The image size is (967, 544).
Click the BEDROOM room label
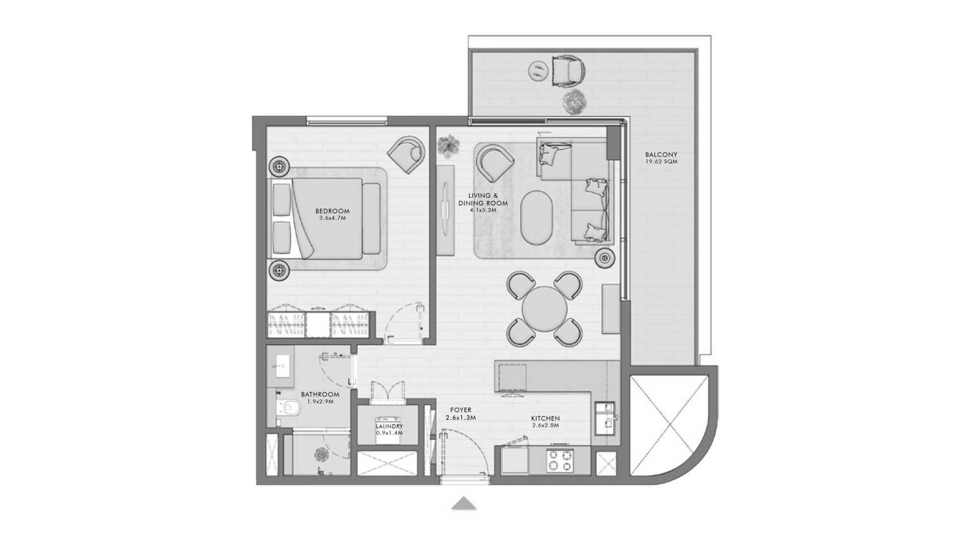pyautogui.click(x=332, y=211)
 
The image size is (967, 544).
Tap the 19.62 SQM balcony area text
pyautogui.click(x=661, y=162)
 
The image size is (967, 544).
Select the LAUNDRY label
pyautogui.click(x=389, y=426)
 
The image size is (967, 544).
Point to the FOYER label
pyautogui.click(x=461, y=410)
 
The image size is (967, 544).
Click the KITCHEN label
pyautogui.click(x=545, y=418)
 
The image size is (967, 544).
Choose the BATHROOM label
pyautogui.click(x=320, y=394)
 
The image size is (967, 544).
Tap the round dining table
pyautogui.click(x=544, y=308)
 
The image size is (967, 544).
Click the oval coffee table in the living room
pyautogui.click(x=537, y=217)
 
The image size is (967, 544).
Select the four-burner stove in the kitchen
pyautogui.click(x=561, y=460)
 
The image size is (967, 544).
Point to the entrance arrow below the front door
pyautogui.click(x=464, y=503)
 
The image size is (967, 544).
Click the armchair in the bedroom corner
pyautogui.click(x=406, y=154)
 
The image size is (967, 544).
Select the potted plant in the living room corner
pyautogui.click(x=448, y=146)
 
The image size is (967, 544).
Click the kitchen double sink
pyautogui.click(x=605, y=418)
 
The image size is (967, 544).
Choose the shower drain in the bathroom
pyautogui.click(x=321, y=455)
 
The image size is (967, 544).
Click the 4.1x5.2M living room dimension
pyautogui.click(x=483, y=210)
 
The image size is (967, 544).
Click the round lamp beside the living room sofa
pyautogui.click(x=604, y=258)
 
